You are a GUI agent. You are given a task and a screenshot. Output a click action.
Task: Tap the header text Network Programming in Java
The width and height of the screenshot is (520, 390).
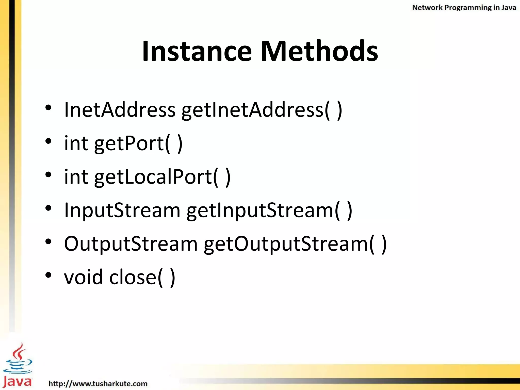(464, 8)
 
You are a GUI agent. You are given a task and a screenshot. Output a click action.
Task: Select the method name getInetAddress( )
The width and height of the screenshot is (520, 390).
(262, 110)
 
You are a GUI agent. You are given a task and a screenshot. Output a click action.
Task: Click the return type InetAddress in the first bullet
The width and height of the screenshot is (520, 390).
(120, 110)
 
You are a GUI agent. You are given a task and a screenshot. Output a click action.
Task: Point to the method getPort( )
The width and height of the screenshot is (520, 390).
(138, 144)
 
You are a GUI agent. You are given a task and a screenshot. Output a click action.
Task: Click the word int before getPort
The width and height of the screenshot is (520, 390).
(76, 143)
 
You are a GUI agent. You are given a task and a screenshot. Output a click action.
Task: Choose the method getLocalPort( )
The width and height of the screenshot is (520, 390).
(162, 177)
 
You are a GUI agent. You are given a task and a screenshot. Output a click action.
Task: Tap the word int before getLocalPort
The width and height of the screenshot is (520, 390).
(76, 177)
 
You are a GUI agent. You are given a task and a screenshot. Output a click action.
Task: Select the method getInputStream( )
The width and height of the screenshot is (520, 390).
(269, 210)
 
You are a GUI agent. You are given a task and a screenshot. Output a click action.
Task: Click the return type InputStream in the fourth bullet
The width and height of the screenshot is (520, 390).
(122, 210)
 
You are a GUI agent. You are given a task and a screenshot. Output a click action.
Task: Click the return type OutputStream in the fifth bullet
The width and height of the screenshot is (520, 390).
(131, 244)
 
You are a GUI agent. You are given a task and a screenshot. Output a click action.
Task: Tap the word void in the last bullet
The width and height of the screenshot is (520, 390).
(84, 277)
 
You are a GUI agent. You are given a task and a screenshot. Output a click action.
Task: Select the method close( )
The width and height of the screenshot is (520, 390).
(142, 278)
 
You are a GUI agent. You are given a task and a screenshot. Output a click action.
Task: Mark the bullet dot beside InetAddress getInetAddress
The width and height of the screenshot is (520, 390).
(48, 108)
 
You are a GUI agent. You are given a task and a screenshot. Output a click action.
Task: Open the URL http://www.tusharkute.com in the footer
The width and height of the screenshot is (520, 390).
(98, 383)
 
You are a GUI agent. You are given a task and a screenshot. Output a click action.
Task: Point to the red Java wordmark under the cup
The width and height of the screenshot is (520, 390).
(17, 381)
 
